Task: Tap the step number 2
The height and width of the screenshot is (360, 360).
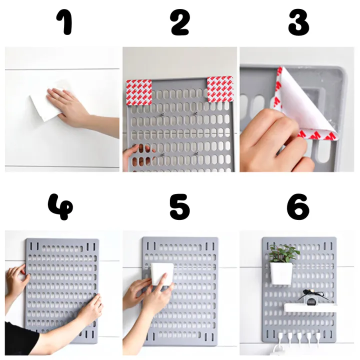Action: click(x=179, y=23)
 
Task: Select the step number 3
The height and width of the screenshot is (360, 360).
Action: click(x=298, y=23)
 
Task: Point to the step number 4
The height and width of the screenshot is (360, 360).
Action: click(x=60, y=206)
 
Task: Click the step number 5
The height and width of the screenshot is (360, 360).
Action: click(x=179, y=206)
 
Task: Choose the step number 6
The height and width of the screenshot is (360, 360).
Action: click(x=298, y=206)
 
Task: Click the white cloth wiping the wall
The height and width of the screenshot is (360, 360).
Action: click(x=45, y=105)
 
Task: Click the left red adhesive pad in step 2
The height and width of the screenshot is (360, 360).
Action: click(x=139, y=92)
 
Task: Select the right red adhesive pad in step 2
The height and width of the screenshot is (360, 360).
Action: click(x=220, y=89)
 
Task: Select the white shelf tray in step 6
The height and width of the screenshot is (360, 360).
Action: click(x=310, y=307)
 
